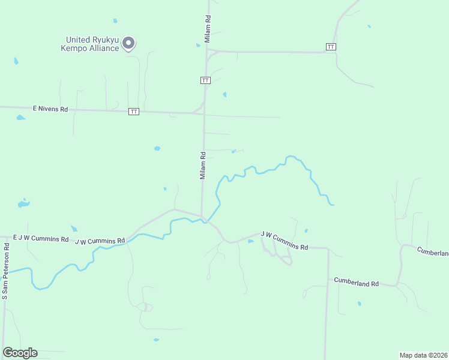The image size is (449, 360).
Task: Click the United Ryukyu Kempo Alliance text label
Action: click(x=92, y=44)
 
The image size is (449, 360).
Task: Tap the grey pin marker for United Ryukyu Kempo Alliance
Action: click(x=128, y=43)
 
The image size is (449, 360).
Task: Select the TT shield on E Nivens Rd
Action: click(x=134, y=112)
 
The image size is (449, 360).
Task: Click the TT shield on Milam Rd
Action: click(x=205, y=80)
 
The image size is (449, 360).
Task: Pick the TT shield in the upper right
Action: click(x=331, y=47)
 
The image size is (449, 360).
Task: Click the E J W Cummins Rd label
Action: click(x=41, y=239)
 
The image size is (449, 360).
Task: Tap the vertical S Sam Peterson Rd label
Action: click(x=5, y=277)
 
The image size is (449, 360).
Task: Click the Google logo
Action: click(x=20, y=353)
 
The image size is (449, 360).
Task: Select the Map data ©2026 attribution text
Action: click(x=423, y=355)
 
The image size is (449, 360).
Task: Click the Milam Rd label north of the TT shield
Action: click(x=208, y=28)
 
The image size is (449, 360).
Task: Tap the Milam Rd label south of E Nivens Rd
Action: click(x=203, y=165)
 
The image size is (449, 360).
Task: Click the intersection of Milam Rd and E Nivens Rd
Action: click(x=204, y=113)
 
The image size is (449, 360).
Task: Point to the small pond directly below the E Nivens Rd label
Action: click(x=21, y=118)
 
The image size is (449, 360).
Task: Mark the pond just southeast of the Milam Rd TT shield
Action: click(x=224, y=94)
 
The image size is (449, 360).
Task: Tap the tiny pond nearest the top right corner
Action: click(x=369, y=26)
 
